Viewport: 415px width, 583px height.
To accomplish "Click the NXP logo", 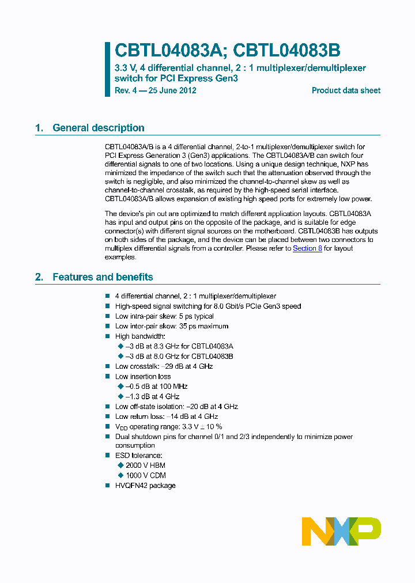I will [x=341, y=531].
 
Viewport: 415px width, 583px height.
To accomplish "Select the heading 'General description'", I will [x=99, y=128].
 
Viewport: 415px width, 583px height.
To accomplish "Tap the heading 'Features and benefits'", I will [x=103, y=277].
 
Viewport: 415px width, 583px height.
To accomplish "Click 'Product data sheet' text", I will [x=346, y=90].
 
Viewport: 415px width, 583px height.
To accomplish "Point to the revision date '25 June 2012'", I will [x=171, y=90].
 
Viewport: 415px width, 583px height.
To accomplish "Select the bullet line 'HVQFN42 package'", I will [x=145, y=486].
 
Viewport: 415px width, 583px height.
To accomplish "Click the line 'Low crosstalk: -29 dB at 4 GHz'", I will [x=164, y=366].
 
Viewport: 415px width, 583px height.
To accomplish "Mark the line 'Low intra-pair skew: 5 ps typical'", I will [x=164, y=316].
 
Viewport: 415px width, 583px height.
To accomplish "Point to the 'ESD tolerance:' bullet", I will [x=139, y=456].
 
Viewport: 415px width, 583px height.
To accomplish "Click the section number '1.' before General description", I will [x=39, y=128].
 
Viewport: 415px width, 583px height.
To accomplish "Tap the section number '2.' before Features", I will [x=39, y=277].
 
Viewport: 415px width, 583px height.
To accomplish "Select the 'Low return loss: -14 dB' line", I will [x=167, y=417].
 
